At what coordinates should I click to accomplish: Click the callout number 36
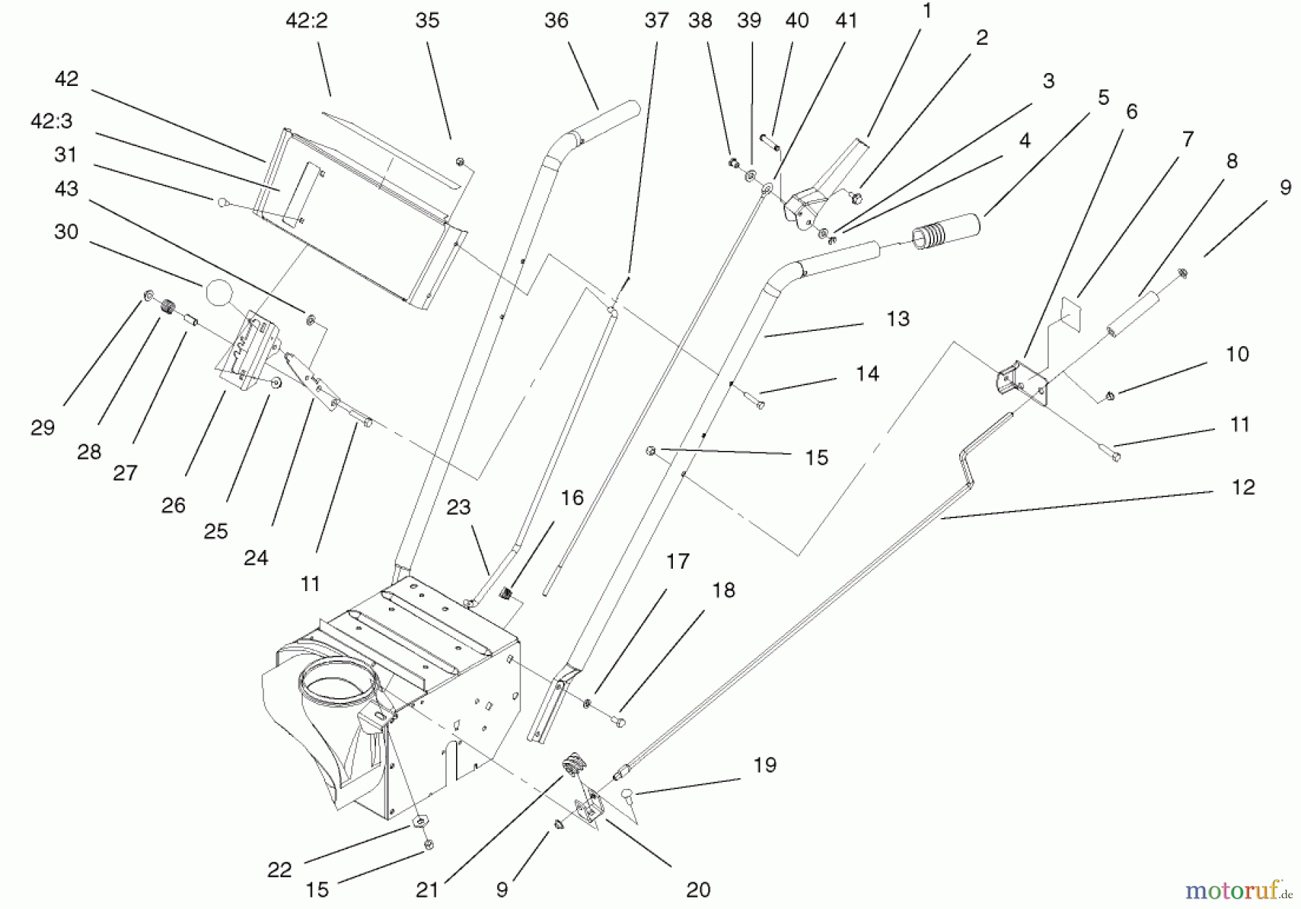[556, 21]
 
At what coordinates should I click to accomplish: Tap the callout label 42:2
[306, 21]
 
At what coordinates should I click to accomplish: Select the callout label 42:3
[51, 121]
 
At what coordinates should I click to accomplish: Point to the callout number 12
[1243, 487]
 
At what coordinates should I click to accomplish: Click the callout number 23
[458, 507]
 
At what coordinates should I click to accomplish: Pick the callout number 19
[765, 764]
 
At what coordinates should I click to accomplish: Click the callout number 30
[66, 231]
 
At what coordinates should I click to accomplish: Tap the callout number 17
[677, 561]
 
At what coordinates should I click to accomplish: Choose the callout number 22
[279, 870]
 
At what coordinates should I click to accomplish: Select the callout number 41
[846, 21]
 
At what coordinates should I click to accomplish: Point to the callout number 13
[898, 319]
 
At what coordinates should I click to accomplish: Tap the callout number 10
[1237, 354]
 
